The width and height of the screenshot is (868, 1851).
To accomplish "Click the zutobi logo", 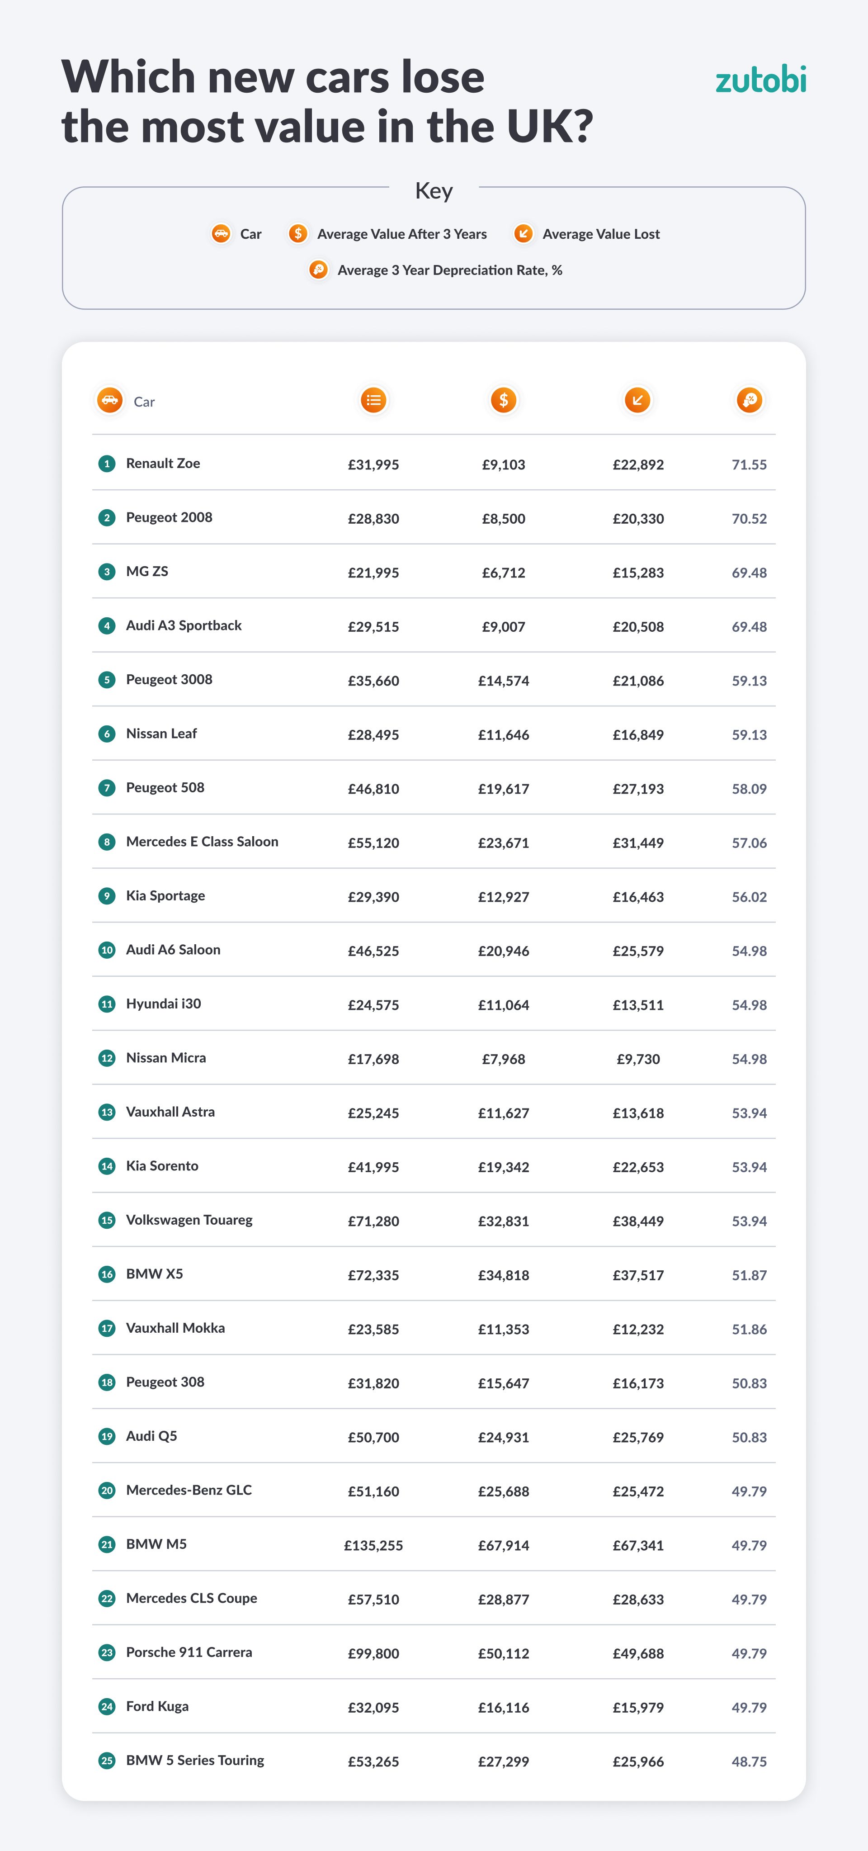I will pyautogui.click(x=760, y=80).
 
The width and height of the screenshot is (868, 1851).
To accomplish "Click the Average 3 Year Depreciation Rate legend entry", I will pyautogui.click(x=435, y=270).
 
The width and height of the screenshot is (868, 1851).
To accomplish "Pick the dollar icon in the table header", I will pyautogui.click(x=504, y=400).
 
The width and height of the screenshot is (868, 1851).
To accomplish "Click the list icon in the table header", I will pyautogui.click(x=373, y=400).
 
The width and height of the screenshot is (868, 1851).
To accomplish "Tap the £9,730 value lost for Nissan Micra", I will pyautogui.click(x=638, y=1059).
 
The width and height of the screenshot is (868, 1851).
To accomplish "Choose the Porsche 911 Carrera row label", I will pyautogui.click(x=189, y=1652).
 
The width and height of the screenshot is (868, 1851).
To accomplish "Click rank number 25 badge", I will pyautogui.click(x=107, y=1761).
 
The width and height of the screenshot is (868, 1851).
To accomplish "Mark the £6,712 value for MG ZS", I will pyautogui.click(x=503, y=573).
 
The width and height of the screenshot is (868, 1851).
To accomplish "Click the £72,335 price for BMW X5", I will pyautogui.click(x=373, y=1275).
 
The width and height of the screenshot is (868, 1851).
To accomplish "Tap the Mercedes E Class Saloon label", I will pyautogui.click(x=202, y=842).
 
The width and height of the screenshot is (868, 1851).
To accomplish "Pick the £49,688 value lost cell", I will pyautogui.click(x=638, y=1653).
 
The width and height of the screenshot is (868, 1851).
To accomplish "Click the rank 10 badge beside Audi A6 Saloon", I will pyautogui.click(x=107, y=950).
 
